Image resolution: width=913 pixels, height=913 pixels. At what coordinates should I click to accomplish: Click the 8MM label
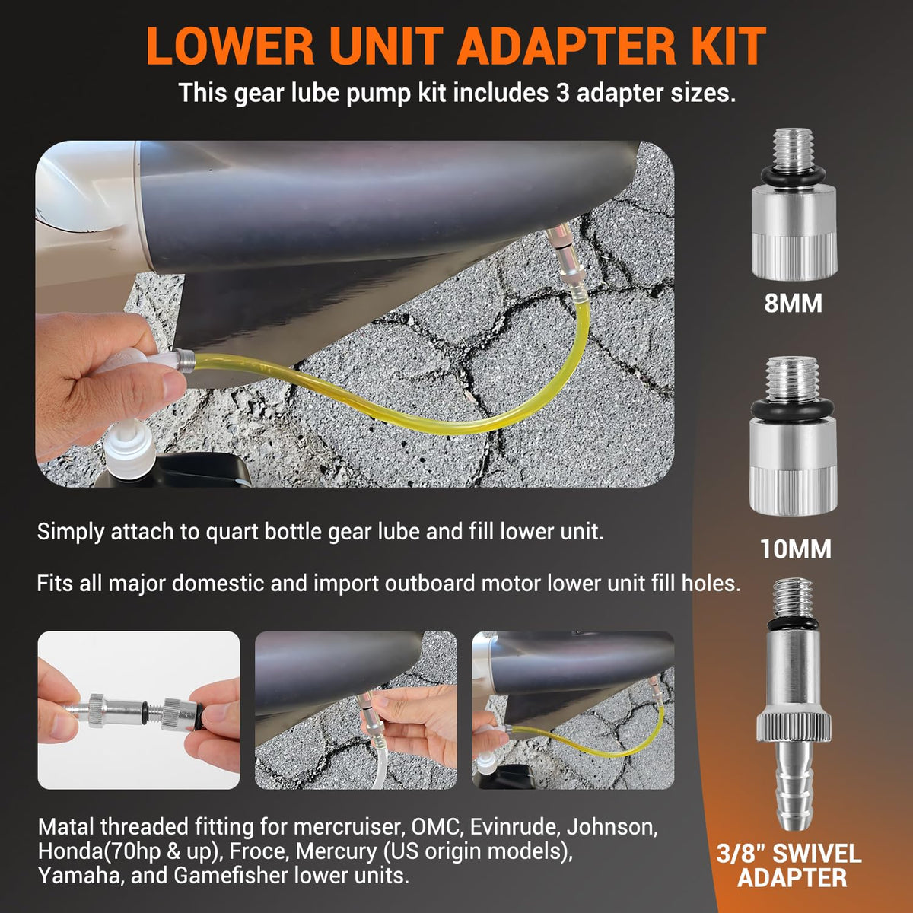[793, 304]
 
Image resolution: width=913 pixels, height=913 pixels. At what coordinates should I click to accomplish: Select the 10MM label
[796, 549]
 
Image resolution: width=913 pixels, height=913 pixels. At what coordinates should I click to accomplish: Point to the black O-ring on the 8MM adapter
[793, 175]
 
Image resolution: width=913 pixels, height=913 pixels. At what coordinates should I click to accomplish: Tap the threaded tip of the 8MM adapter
[793, 147]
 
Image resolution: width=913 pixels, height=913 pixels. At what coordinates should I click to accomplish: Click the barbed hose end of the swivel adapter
[794, 789]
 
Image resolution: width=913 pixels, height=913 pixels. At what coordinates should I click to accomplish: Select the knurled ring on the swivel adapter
[793, 724]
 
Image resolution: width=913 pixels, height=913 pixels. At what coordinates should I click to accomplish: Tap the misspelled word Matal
[66, 827]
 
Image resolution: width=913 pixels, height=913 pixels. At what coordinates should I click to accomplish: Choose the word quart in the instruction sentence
[231, 533]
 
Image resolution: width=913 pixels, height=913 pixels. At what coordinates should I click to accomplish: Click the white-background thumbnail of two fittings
[138, 710]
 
